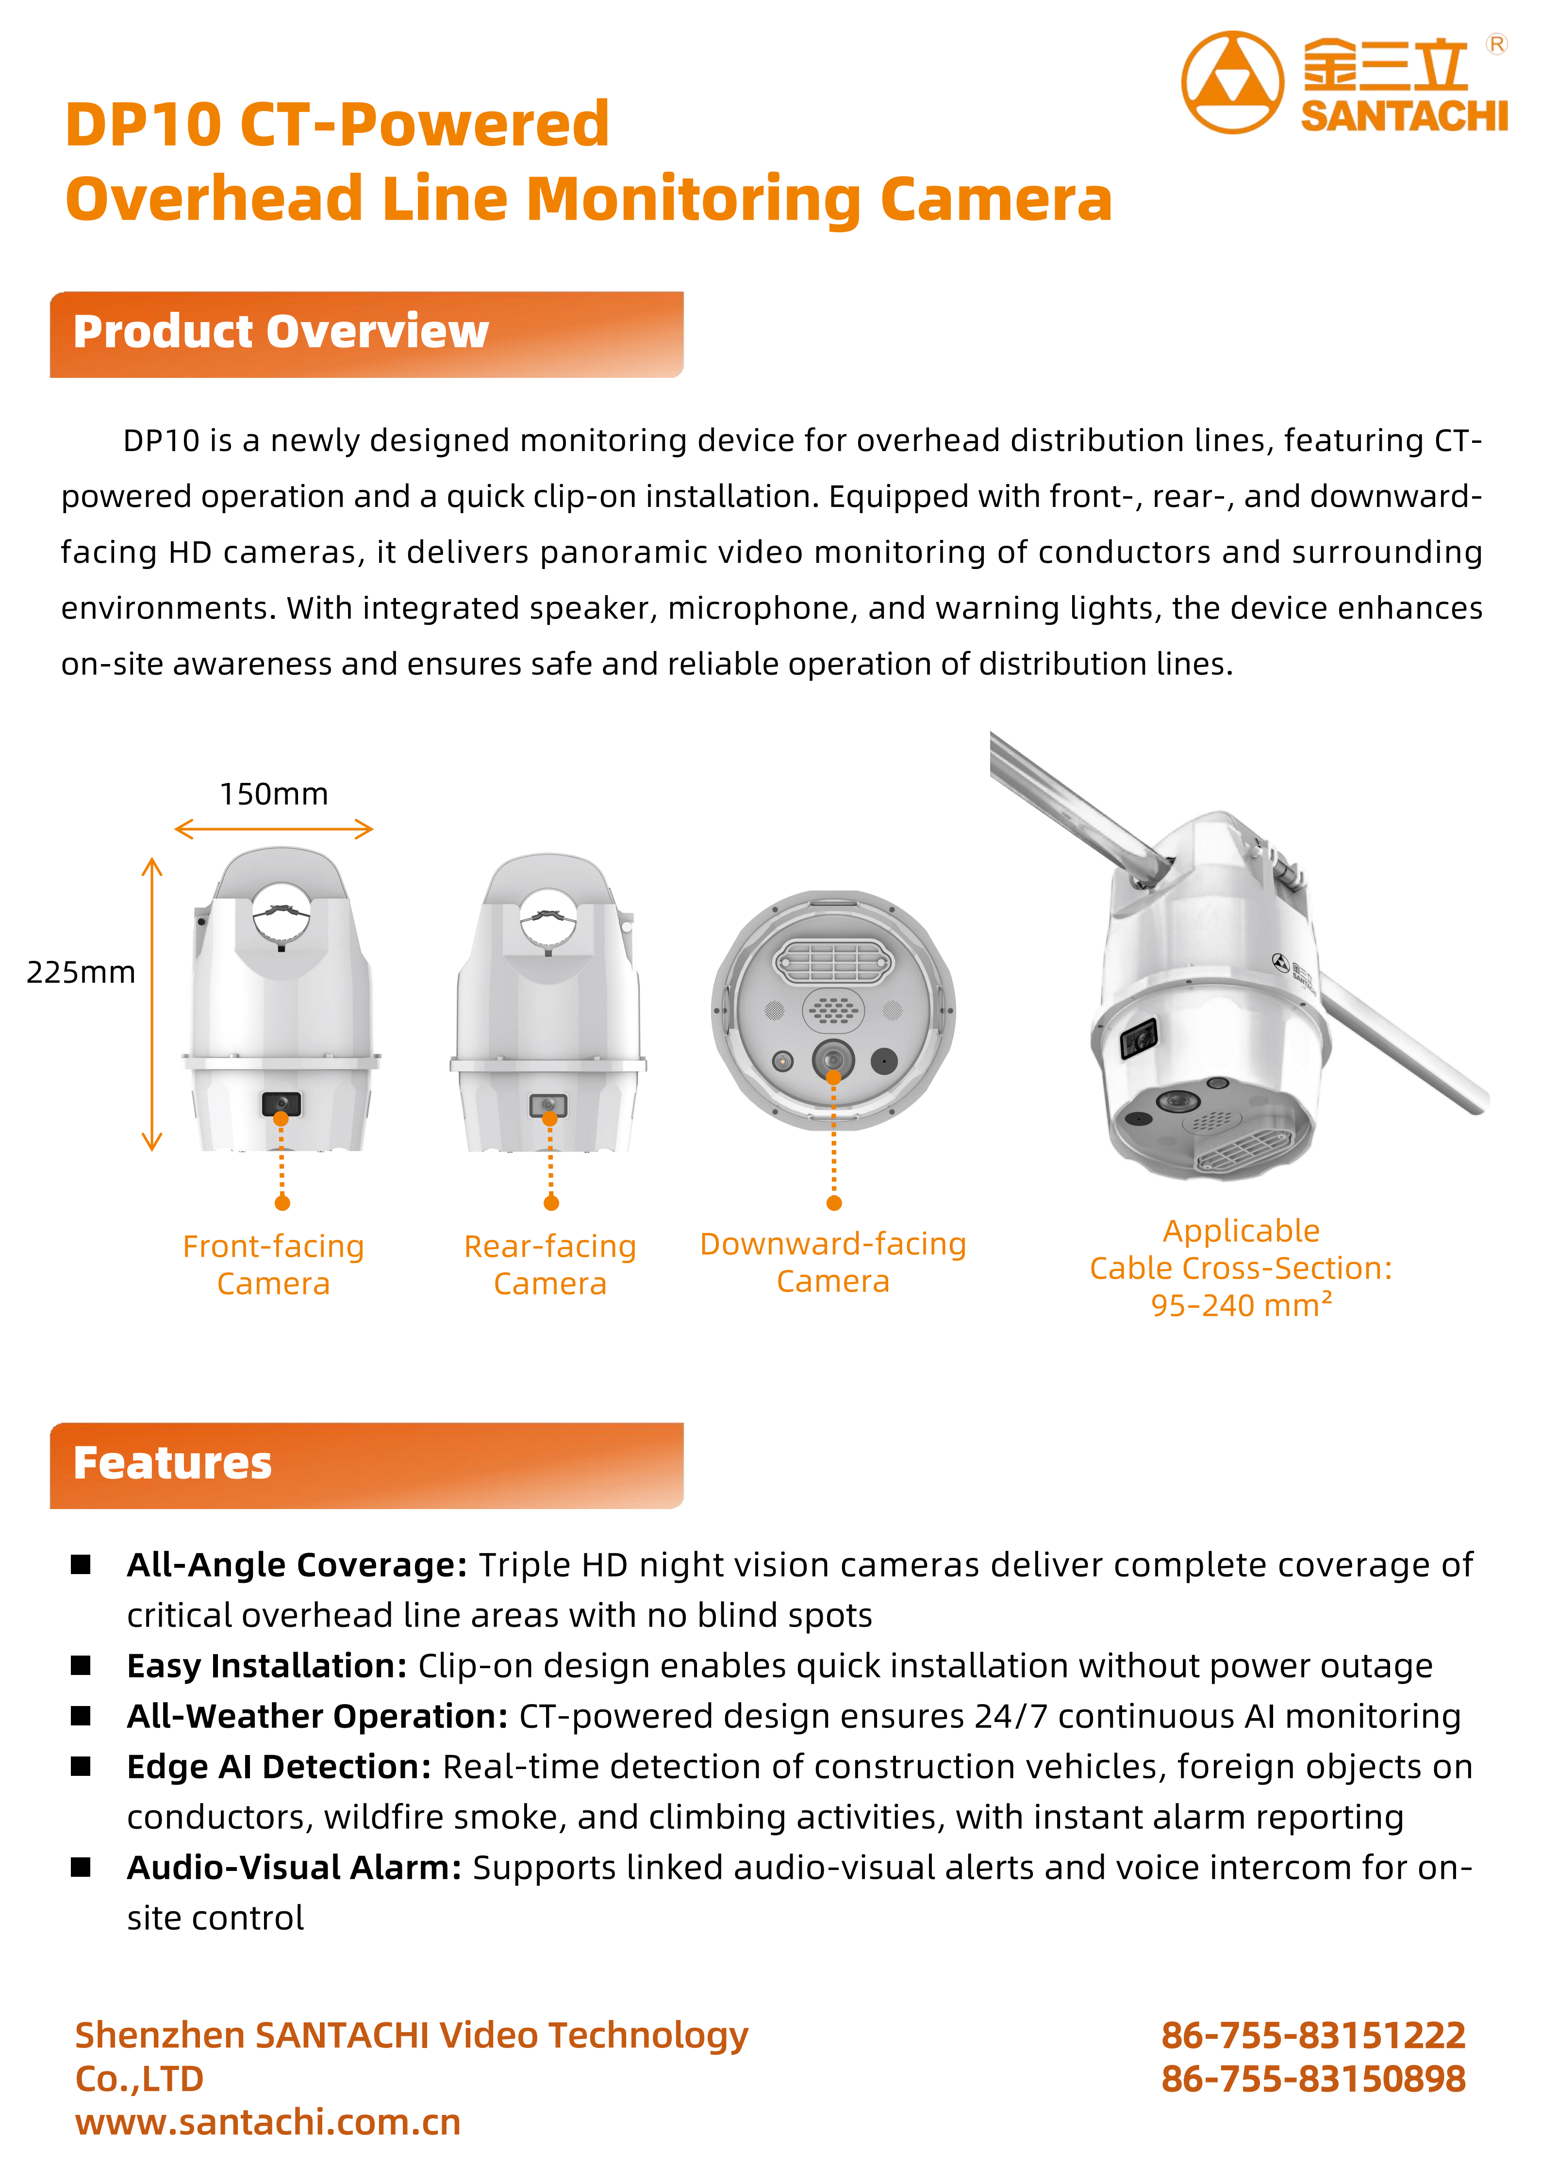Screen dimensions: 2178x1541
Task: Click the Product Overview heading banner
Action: click(366, 334)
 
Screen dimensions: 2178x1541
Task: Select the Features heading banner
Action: click(366, 1464)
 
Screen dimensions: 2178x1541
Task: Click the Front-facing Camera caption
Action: click(273, 1265)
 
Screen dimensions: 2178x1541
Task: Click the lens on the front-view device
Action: click(281, 1103)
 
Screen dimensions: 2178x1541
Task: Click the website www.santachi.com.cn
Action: click(267, 2122)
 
